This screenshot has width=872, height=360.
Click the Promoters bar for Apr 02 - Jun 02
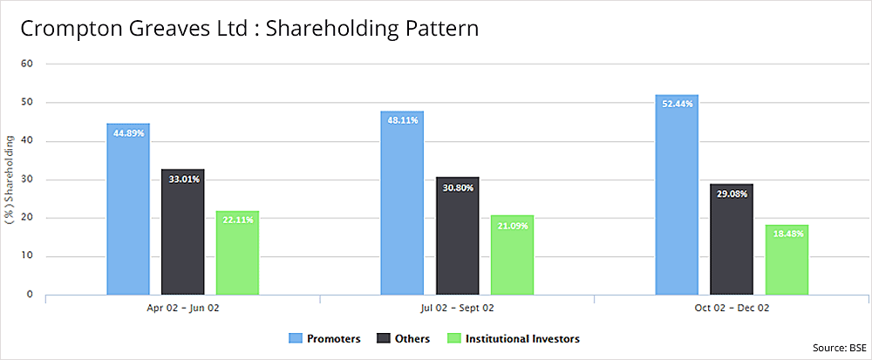point(128,209)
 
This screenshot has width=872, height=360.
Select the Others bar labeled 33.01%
point(183,232)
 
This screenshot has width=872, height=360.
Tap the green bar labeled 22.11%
point(237,253)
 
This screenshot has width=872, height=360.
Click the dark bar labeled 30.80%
point(458,236)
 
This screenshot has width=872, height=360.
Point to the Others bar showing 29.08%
point(732,240)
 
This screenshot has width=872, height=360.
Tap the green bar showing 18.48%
point(787,260)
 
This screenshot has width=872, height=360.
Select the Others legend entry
point(405,338)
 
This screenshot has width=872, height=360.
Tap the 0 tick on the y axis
point(30,295)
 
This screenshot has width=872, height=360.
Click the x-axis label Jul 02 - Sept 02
point(457,309)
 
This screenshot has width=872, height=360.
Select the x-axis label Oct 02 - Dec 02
point(732,309)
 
